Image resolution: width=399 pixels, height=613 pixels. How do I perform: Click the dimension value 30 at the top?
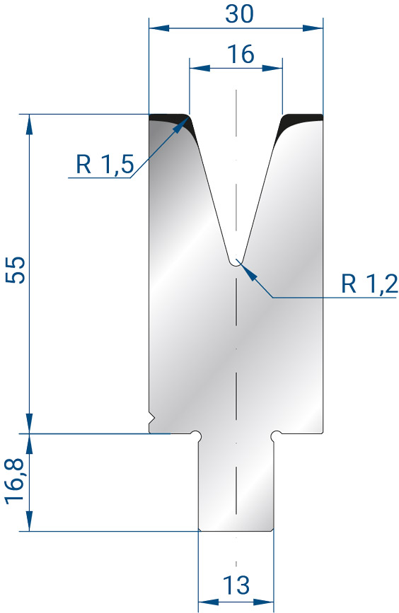tap(239, 13)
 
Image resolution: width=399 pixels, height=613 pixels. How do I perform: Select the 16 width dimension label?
tap(241, 54)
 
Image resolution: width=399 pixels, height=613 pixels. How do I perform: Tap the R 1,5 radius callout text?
tap(105, 164)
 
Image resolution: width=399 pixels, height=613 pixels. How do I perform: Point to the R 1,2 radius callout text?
tap(369, 284)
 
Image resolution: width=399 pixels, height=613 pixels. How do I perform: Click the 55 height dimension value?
tap(16, 269)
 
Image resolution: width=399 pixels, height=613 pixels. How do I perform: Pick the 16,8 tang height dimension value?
tap(16, 481)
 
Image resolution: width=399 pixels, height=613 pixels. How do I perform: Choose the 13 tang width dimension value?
tap(236, 585)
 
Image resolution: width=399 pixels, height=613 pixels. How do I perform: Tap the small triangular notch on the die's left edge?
tap(152, 419)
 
